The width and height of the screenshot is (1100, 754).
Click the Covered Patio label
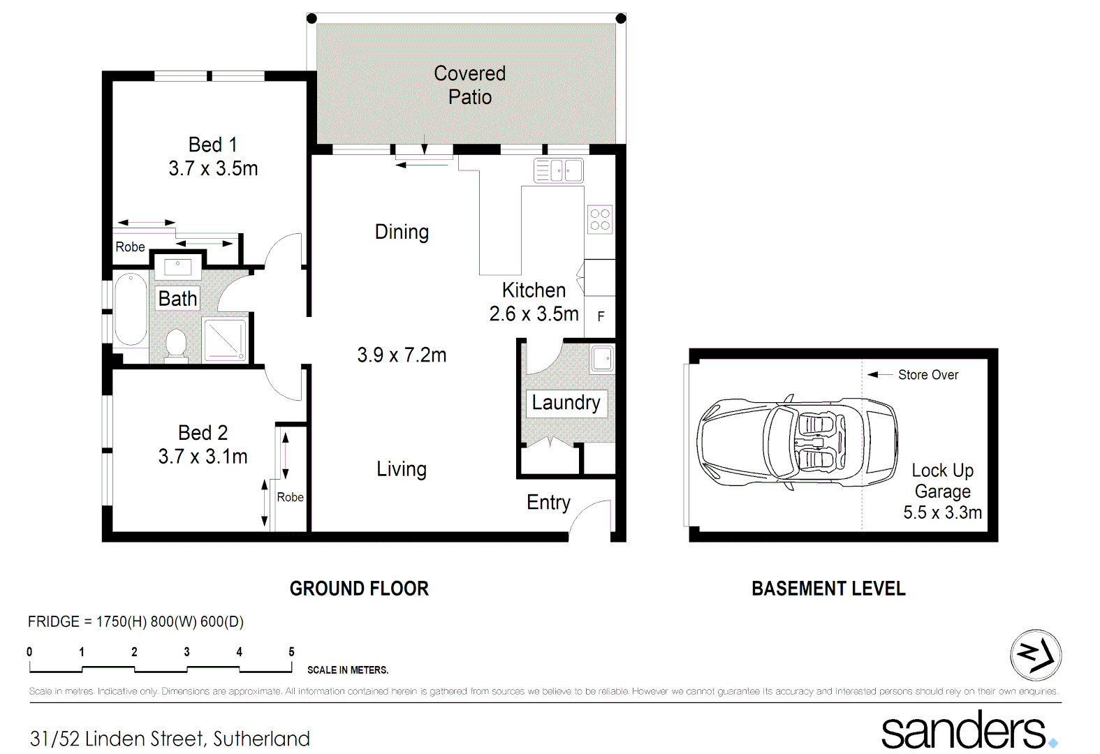469,85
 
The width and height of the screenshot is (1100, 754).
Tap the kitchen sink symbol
558,170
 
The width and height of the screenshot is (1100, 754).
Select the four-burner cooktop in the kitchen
600,219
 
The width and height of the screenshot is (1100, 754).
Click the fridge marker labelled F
601,316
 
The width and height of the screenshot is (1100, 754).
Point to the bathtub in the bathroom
131,309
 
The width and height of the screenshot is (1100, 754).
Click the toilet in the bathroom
176,344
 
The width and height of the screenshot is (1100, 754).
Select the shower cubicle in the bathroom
225,339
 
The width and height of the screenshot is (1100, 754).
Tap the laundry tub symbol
602,359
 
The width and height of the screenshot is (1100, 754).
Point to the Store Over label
927,375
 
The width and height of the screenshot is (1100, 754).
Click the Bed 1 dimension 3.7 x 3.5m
213,168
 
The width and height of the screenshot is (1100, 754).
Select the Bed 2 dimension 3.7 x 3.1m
203,457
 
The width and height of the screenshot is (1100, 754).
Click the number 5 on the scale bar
291,651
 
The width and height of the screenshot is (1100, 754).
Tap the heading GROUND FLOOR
359,589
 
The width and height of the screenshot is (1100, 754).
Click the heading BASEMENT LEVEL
828,589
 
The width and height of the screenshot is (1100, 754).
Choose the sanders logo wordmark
964,731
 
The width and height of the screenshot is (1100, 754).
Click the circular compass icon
1036,655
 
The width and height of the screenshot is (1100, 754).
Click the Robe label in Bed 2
290,497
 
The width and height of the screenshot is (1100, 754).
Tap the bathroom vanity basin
178,266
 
